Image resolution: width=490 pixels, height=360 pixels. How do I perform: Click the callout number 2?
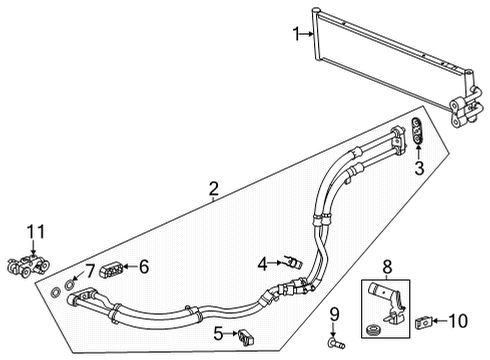[x=212, y=187]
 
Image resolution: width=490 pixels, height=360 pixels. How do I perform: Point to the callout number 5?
[x=216, y=333]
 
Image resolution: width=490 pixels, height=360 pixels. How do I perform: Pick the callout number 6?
[x=143, y=266]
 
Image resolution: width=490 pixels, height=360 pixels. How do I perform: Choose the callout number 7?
[x=90, y=269]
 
